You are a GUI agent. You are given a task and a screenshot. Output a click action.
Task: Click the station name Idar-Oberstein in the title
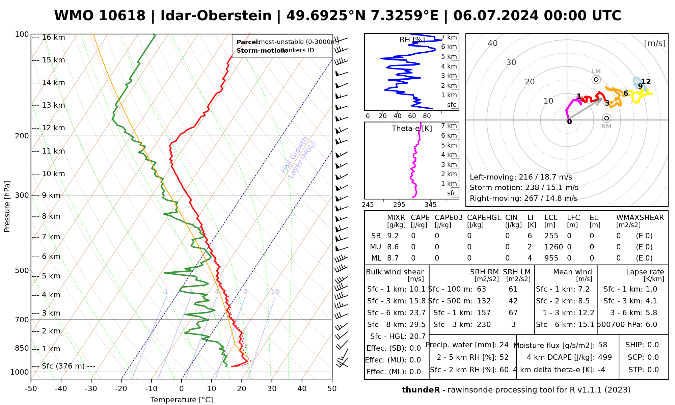pyautogui.click(x=216, y=16)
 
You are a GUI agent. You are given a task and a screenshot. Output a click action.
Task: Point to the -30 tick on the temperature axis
pyautogui.click(x=91, y=389)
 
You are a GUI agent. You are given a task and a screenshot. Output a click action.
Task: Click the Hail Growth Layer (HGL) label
pyautogui.click(x=298, y=157)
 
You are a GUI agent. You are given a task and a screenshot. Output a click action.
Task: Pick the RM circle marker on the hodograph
pyautogui.click(x=606, y=118)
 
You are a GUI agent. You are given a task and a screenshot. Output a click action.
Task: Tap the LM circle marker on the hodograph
pyautogui.click(x=596, y=80)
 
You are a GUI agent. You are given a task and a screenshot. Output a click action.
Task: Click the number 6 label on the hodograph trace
pyautogui.click(x=625, y=93)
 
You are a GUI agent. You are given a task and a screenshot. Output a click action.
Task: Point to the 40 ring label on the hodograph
pyautogui.click(x=493, y=43)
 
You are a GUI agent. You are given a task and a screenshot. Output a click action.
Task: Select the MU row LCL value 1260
pyautogui.click(x=553, y=247)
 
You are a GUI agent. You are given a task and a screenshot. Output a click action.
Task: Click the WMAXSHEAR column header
pyautogui.click(x=640, y=218)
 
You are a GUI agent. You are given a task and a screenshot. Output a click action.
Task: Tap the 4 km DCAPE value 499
pyautogui.click(x=605, y=357)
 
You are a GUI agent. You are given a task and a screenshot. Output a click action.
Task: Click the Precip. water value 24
pyautogui.click(x=504, y=345)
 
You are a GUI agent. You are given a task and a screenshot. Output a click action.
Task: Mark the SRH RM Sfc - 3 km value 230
pyautogui.click(x=484, y=325)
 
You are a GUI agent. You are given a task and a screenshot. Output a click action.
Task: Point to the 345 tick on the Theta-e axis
pyautogui.click(x=430, y=205)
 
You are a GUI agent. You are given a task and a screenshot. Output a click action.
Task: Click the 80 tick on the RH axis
pyautogui.click(x=427, y=116)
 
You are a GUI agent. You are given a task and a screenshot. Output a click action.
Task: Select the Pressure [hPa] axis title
pyautogui.click(x=7, y=207)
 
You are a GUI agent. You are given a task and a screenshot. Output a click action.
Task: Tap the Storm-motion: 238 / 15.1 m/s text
pyautogui.click(x=524, y=188)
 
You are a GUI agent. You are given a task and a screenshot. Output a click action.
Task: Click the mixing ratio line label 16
pyautogui.click(x=275, y=292)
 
